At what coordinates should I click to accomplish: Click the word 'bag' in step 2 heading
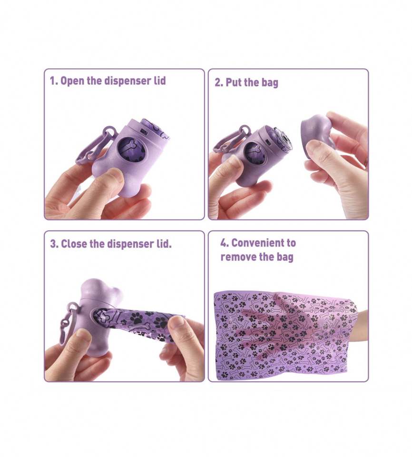(x=270, y=83)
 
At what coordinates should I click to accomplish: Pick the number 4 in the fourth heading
(x=224, y=243)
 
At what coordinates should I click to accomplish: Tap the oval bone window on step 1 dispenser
(x=128, y=149)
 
